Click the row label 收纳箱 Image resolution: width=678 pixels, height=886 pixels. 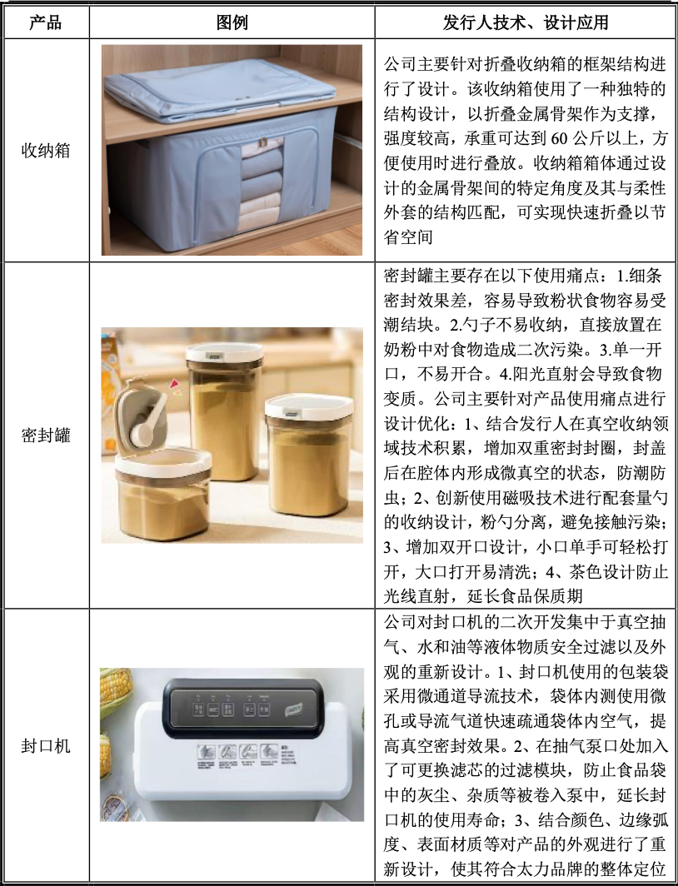pos(45,151)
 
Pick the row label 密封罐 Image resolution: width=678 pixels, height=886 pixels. pos(45,436)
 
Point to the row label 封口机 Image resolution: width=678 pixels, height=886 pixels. pos(45,744)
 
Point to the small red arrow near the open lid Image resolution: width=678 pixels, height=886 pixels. pos(175,384)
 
